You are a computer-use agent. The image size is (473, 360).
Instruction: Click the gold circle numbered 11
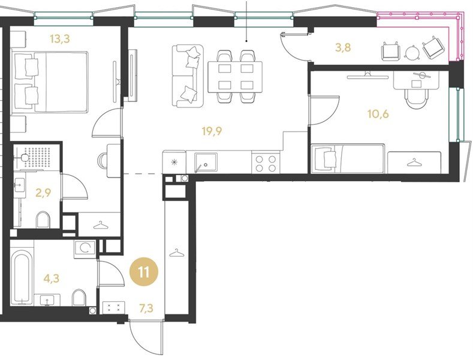click(x=144, y=272)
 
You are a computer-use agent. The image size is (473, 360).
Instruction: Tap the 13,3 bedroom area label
click(x=60, y=38)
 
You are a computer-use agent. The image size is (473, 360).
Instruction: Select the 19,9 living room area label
click(x=212, y=131)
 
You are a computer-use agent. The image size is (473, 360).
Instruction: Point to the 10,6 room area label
click(x=378, y=114)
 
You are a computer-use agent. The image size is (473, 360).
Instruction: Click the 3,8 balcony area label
click(x=344, y=48)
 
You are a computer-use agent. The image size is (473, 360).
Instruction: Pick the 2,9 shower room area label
click(x=43, y=193)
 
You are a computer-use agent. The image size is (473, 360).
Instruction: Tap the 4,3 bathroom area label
click(x=52, y=278)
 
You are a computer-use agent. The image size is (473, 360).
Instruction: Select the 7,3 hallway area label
click(x=146, y=308)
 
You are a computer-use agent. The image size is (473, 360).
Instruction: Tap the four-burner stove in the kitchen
click(x=266, y=163)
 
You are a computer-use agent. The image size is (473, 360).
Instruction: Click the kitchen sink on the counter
click(x=206, y=163)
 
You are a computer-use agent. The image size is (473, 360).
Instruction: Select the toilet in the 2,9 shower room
click(x=43, y=220)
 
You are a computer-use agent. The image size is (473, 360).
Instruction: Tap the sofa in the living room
click(x=187, y=76)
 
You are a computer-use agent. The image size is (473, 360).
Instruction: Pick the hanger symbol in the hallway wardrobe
click(x=176, y=253)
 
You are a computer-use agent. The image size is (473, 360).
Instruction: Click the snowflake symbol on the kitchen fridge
click(x=174, y=163)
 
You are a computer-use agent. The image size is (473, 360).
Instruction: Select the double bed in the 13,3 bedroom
click(x=50, y=82)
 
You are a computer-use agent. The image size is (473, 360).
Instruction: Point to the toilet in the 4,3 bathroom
click(x=79, y=298)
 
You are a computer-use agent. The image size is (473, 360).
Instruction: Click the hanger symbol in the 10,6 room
click(x=413, y=163)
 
